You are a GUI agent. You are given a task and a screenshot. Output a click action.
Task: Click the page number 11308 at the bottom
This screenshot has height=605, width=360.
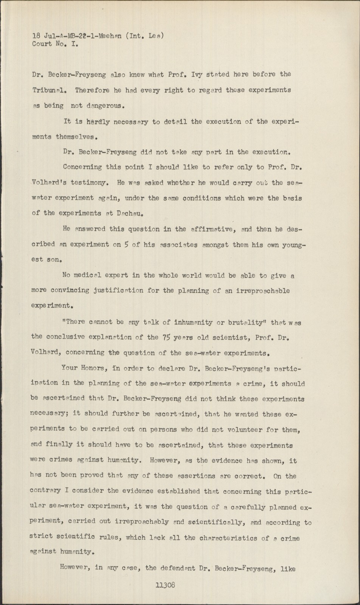[165, 585]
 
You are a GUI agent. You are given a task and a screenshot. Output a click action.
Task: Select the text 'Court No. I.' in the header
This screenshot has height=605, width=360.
[55, 44]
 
